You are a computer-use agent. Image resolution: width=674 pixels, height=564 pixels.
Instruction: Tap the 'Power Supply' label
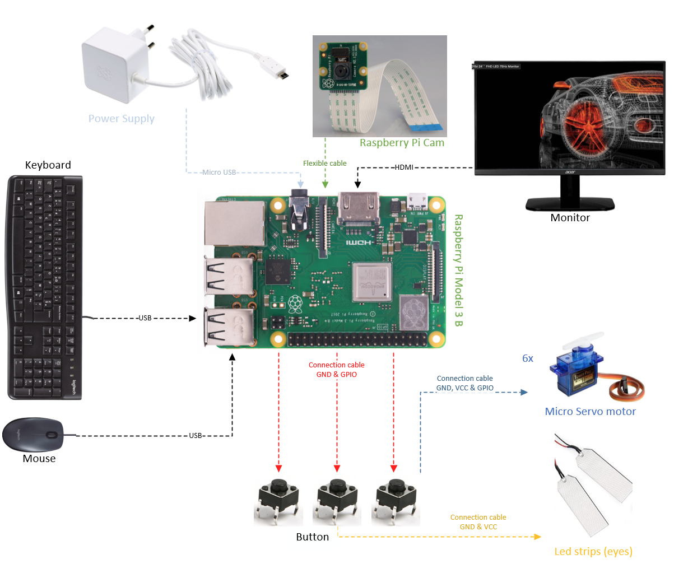tap(122, 119)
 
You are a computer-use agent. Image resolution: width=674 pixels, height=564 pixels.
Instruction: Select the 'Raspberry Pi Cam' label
tap(402, 143)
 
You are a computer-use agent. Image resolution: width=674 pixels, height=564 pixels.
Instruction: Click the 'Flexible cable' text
tap(325, 164)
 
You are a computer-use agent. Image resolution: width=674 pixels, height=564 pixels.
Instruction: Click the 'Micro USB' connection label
tap(220, 172)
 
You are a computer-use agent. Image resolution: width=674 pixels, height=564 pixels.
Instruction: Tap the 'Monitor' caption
tap(570, 218)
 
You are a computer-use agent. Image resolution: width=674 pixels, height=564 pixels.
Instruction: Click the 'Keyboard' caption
tap(48, 165)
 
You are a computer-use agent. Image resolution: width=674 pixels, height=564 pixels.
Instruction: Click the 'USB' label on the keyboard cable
tap(145, 319)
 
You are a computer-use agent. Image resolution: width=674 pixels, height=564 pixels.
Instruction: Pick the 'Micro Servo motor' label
tap(590, 412)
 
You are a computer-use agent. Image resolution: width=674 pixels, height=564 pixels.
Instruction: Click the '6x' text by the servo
tap(527, 358)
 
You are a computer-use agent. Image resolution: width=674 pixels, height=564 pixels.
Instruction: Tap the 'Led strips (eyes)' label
tap(593, 552)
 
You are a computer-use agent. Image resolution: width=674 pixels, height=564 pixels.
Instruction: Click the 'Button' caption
tap(312, 537)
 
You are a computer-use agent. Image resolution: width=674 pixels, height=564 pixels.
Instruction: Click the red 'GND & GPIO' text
tap(336, 375)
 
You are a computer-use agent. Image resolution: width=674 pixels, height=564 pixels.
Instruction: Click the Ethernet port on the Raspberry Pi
tap(234, 223)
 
